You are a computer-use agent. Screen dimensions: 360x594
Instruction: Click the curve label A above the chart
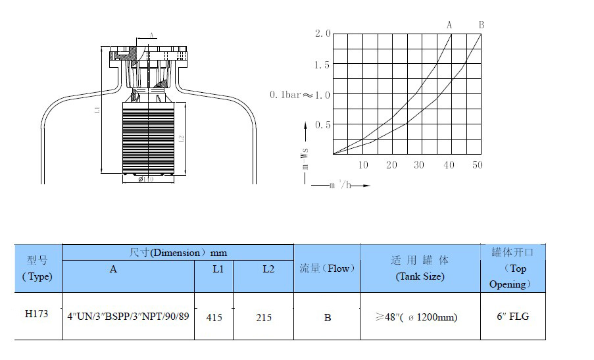450,25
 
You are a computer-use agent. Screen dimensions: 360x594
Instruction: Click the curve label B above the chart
482,25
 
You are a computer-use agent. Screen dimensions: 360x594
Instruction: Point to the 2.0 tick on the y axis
322,34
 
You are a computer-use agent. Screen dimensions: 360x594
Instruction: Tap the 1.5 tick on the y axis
322,64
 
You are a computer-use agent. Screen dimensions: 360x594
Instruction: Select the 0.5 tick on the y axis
322,124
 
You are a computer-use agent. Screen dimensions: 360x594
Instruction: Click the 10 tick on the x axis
363,165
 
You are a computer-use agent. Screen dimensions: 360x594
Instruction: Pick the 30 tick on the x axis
419,165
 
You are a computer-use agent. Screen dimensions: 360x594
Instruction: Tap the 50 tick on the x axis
478,165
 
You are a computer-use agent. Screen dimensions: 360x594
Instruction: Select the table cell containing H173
37,316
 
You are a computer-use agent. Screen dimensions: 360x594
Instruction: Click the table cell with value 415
214,317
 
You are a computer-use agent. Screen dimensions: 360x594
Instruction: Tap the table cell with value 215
263,317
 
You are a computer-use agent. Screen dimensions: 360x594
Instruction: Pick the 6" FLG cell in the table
512,317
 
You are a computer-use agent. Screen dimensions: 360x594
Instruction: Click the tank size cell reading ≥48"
420,317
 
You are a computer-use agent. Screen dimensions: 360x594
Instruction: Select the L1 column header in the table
214,269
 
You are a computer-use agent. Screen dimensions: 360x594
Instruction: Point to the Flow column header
327,268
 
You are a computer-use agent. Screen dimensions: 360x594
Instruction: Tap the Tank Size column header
420,269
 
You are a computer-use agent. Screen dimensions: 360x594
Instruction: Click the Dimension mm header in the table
178,252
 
